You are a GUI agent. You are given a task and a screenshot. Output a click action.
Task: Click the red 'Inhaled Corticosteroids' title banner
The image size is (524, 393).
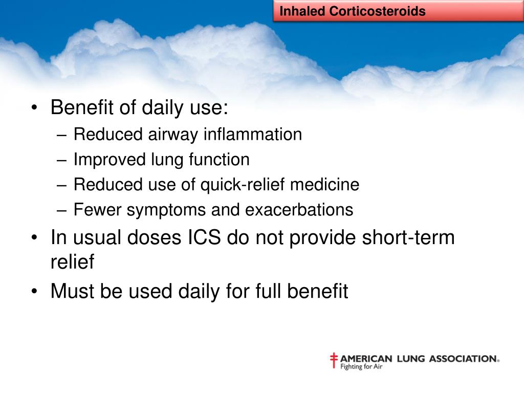tap(398, 11)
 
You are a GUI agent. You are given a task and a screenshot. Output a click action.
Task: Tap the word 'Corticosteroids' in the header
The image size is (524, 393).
tap(377, 11)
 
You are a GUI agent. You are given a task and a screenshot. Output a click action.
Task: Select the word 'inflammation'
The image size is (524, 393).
tap(253, 135)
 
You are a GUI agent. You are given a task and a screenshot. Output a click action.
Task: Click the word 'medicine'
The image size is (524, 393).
tap(324, 184)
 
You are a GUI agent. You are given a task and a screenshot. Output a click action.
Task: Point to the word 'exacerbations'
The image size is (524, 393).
tap(299, 210)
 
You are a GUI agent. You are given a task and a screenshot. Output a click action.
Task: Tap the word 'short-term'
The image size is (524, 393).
tap(408, 237)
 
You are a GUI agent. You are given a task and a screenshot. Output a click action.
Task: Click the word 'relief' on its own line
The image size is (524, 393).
tap(73, 261)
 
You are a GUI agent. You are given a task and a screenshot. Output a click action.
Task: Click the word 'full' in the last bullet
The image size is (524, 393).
tap(269, 291)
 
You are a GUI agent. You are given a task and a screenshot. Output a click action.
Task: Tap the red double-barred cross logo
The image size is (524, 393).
tap(334, 360)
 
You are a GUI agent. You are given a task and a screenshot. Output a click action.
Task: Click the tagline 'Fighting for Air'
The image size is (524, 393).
tap(361, 367)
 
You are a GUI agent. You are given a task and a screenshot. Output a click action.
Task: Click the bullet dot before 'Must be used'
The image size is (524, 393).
tap(34, 291)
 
